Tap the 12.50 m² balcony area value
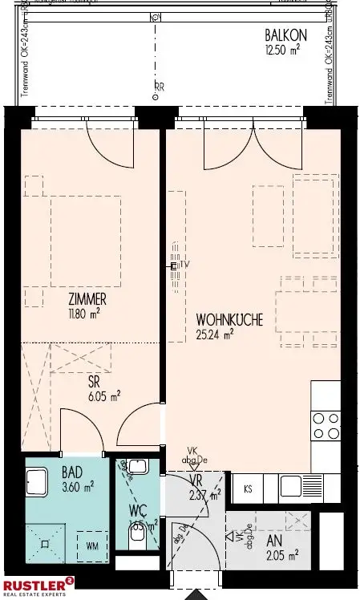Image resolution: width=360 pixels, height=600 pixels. click(285, 48)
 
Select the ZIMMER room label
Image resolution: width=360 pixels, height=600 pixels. click(87, 301)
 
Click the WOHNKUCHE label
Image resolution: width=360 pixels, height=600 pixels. click(229, 319)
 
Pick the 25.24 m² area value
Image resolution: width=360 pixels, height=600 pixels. click(215, 334)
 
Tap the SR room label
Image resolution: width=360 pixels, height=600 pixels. click(94, 383)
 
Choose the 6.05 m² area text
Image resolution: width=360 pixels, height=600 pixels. click(103, 396)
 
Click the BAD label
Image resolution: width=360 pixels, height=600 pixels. click(72, 473)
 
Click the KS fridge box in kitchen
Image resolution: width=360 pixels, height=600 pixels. click(249, 488)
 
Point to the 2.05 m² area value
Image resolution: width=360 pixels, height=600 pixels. click(284, 555)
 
